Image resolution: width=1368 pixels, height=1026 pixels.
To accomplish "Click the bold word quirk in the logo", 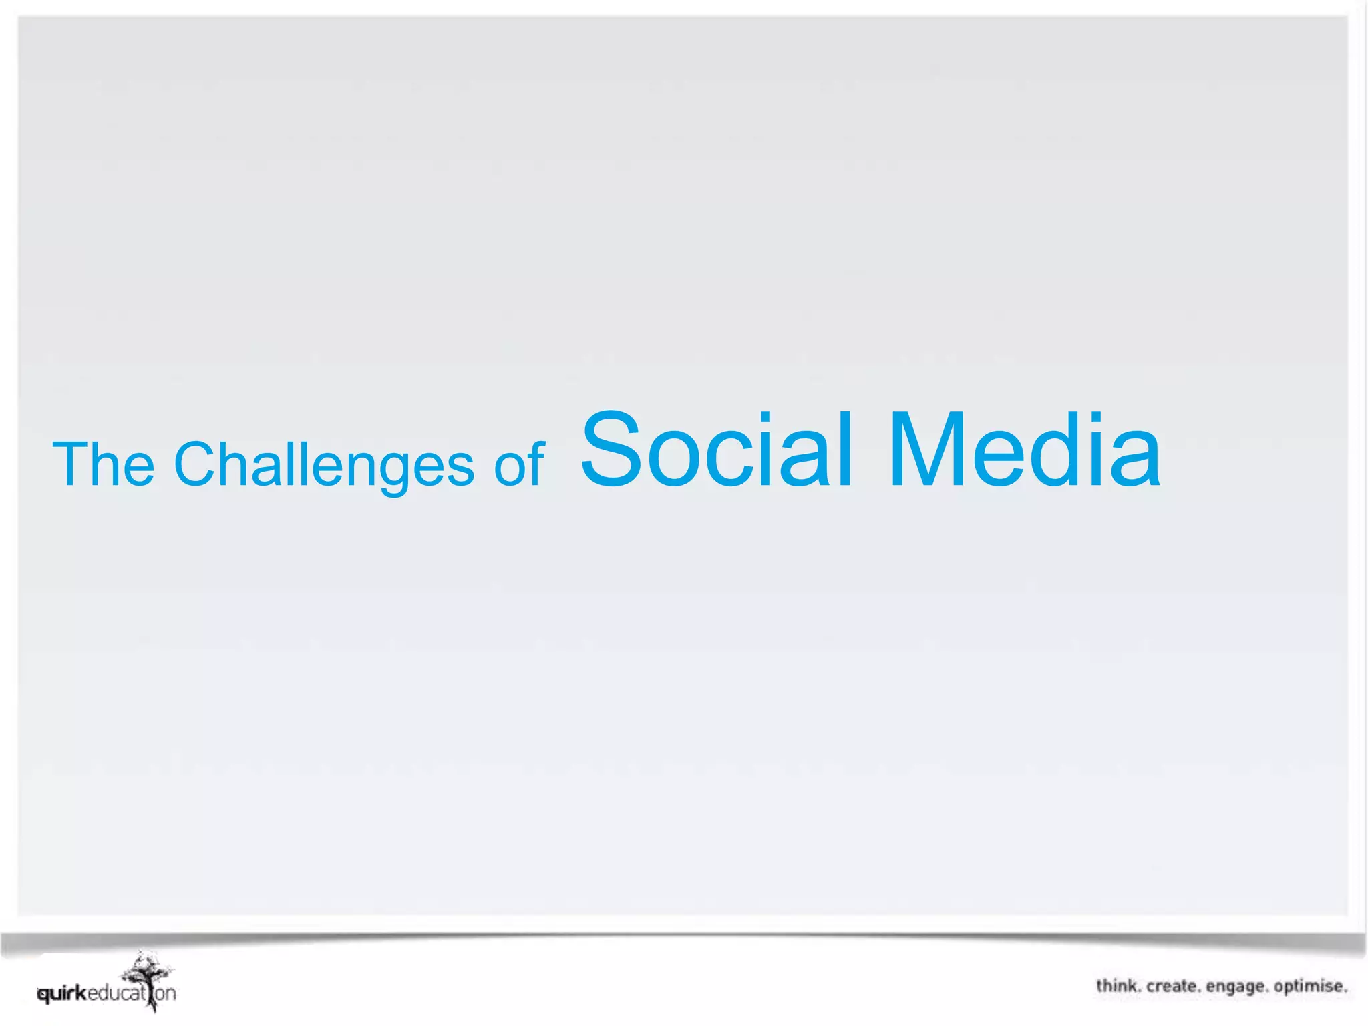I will click(62, 994).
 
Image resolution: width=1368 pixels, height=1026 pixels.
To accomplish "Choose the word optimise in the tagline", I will click(1309, 986).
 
